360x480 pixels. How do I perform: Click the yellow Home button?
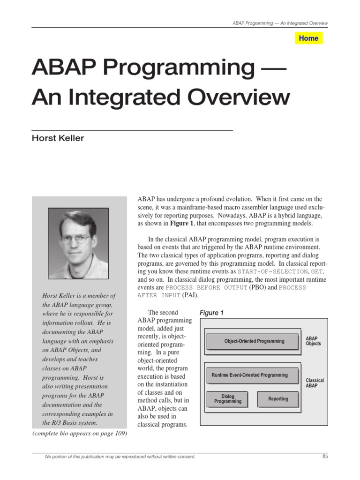click(308, 38)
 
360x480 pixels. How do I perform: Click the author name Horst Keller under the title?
click(58, 138)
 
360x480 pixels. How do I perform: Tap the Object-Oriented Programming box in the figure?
click(254, 341)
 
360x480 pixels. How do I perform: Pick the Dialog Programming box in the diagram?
click(228, 399)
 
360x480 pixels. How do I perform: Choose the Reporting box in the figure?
click(278, 399)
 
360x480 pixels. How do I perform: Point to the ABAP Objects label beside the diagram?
click(313, 341)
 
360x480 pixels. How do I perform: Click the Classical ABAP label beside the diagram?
click(315, 383)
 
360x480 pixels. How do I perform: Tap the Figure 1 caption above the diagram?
click(211, 313)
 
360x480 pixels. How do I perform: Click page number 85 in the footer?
click(325, 457)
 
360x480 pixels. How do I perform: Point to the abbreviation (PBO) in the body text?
click(257, 287)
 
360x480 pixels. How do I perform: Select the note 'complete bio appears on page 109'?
click(80, 433)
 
